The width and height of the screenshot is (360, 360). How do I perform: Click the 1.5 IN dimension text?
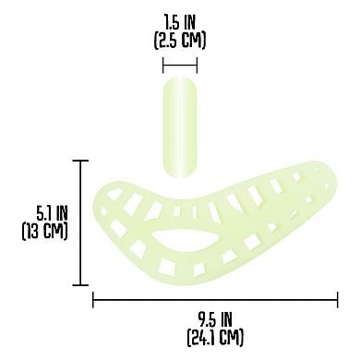(180, 20)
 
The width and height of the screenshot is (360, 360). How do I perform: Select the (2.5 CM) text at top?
(180, 40)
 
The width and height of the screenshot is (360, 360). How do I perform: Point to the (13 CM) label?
(45, 230)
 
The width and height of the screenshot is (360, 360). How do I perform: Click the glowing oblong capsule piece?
(180, 126)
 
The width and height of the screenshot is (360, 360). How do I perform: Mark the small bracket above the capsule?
(180, 65)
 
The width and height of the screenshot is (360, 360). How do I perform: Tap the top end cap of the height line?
(81, 161)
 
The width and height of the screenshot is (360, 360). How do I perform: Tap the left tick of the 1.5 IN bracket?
(163, 65)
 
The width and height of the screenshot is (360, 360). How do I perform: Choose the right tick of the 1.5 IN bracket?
(197, 65)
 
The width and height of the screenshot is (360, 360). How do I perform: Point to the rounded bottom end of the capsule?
(180, 172)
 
